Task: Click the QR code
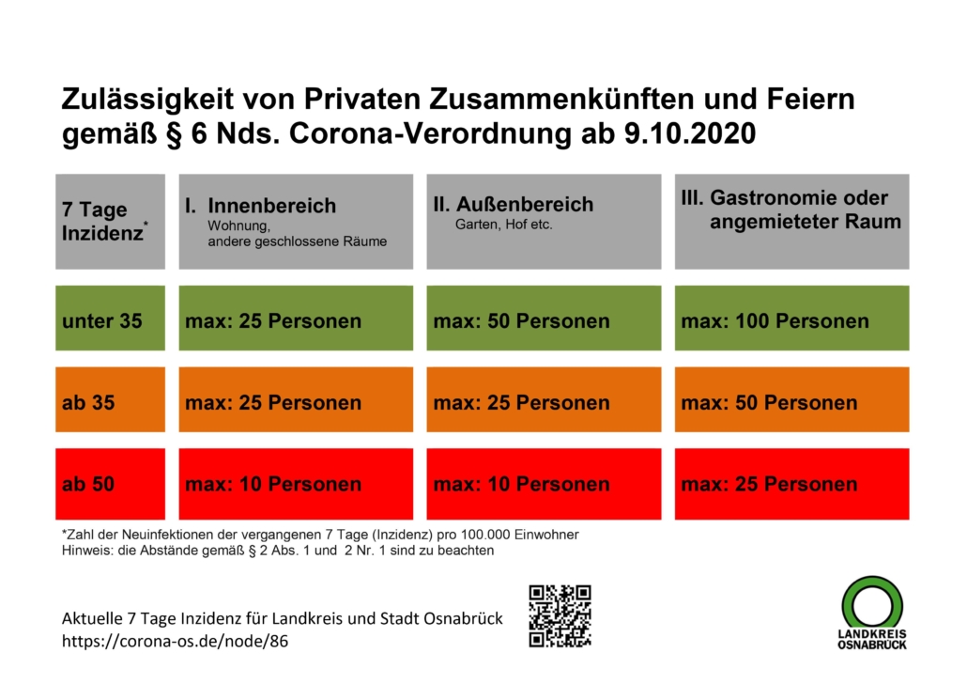coord(560,615)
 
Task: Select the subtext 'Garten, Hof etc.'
coord(503,225)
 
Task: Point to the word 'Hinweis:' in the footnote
coord(84,551)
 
